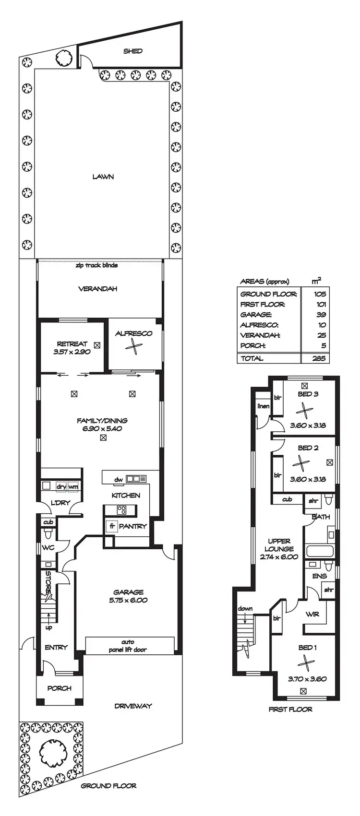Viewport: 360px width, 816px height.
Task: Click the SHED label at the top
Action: (132, 51)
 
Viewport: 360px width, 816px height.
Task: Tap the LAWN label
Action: (103, 177)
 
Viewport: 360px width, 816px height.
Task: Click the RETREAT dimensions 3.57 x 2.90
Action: (72, 352)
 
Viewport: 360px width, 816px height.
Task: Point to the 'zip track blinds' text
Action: (96, 265)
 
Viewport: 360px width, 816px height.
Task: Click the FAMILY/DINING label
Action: (102, 421)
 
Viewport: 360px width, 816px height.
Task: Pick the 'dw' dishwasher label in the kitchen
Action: (118, 479)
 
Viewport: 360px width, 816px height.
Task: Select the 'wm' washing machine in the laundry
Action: (73, 486)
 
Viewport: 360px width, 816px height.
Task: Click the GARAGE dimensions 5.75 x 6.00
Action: (129, 600)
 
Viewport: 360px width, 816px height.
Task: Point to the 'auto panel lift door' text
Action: (128, 646)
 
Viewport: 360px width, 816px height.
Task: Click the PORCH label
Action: (60, 688)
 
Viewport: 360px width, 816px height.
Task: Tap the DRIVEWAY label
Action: (133, 706)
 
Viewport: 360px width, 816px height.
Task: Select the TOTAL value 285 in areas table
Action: (318, 358)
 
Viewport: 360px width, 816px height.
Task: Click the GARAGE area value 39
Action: (321, 315)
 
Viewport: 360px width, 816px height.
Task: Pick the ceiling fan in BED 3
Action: (304, 410)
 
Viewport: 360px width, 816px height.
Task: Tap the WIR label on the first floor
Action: (312, 614)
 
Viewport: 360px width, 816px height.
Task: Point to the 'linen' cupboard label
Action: (263, 406)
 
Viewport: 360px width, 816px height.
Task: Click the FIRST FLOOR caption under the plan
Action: (290, 709)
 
